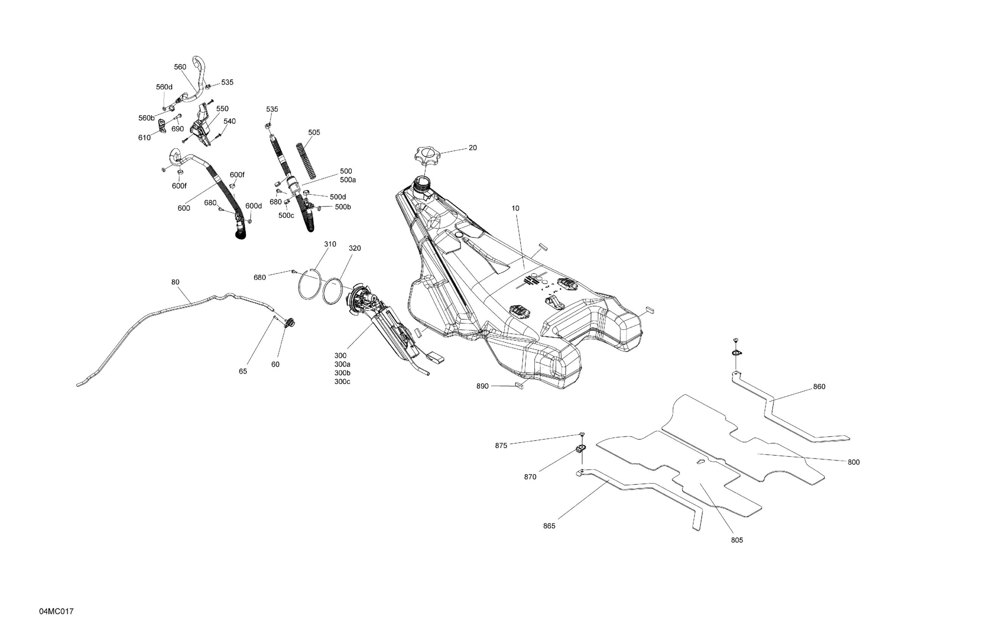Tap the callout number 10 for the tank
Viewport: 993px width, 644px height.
click(x=515, y=208)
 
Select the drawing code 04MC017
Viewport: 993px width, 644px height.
click(x=56, y=611)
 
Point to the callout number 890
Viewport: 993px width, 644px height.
click(x=482, y=386)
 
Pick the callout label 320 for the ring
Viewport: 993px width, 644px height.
click(x=354, y=249)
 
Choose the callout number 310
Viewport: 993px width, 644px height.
click(x=330, y=244)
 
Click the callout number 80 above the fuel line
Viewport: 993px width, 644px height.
click(x=175, y=282)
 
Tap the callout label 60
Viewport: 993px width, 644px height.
click(x=275, y=364)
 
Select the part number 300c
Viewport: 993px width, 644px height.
click(x=342, y=382)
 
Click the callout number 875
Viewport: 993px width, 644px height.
click(x=501, y=446)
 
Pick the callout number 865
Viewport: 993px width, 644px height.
click(x=549, y=526)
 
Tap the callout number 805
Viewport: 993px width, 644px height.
click(x=737, y=540)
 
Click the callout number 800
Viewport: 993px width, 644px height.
click(x=854, y=462)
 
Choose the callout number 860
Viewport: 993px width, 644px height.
click(x=819, y=386)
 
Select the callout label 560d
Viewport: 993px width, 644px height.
click(x=164, y=87)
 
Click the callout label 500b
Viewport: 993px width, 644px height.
click(x=343, y=207)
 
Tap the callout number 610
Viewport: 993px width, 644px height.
click(x=144, y=138)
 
